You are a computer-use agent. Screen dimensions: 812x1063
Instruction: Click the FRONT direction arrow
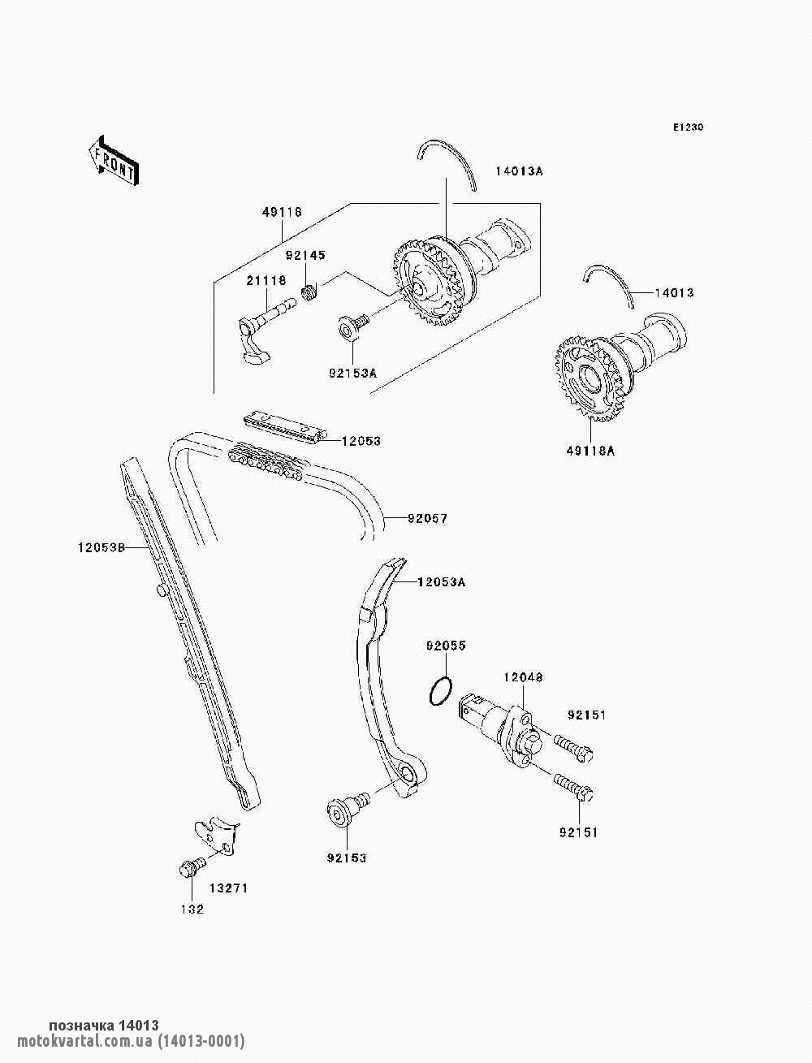[x=114, y=160]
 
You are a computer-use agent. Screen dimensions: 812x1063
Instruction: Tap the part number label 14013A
[x=519, y=171]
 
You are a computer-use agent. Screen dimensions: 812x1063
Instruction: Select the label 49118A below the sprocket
[x=590, y=451]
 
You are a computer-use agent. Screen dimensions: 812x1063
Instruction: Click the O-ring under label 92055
[x=441, y=692]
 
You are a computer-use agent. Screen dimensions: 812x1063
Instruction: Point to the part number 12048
[x=523, y=677]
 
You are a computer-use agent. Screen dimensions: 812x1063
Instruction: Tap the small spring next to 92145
[x=309, y=292]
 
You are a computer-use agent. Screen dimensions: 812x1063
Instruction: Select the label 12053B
[x=101, y=547]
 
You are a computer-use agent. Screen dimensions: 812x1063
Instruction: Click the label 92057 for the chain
[x=428, y=519]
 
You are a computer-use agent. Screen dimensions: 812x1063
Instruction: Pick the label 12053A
[x=441, y=581]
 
